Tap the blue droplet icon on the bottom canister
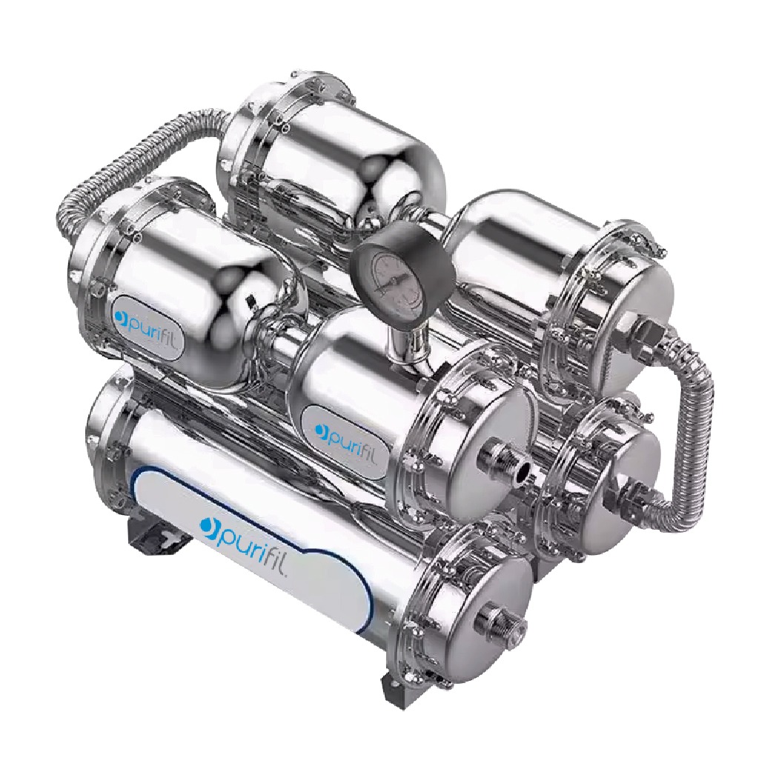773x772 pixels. pos(209,524)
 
